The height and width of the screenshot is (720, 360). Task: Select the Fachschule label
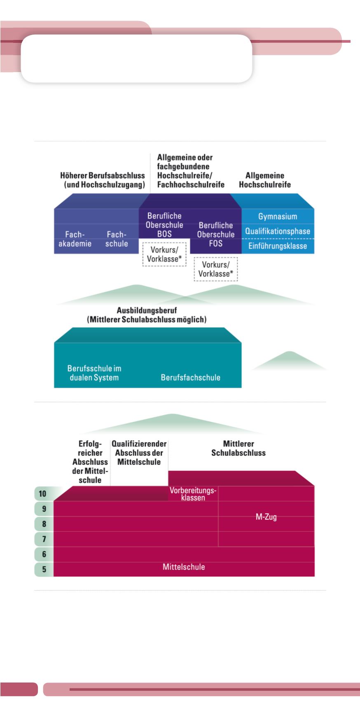coord(117,239)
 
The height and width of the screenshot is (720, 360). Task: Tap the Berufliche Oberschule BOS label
coord(164,225)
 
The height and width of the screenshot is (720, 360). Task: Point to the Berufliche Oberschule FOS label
coord(216,234)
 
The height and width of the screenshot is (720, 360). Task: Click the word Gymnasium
coord(278,217)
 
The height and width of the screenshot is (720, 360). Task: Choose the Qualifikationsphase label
coord(278,231)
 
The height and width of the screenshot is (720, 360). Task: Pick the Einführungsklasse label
coord(278,246)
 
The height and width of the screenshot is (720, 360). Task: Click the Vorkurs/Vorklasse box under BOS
coord(164,255)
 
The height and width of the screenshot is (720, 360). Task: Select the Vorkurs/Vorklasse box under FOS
coord(216,269)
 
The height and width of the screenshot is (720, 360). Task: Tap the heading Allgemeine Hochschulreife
coord(265,180)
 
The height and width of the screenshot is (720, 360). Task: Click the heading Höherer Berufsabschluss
coord(103,180)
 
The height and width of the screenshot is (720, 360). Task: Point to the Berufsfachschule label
coord(190,377)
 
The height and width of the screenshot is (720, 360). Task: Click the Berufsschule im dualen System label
coord(94,373)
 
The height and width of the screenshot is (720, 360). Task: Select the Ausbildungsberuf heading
coord(147,315)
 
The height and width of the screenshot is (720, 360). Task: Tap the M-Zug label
coord(266,517)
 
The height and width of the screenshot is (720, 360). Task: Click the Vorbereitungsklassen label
coord(193,494)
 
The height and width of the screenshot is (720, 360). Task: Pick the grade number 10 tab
coord(43,493)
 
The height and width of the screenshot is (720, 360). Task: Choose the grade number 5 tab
coord(44,570)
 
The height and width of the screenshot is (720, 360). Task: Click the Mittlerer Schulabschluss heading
coord(238,448)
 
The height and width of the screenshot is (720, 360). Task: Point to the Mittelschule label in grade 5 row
coord(184,567)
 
